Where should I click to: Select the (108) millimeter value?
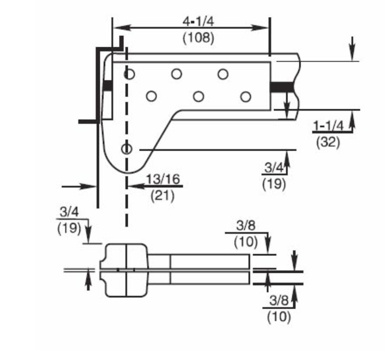[x=198, y=37]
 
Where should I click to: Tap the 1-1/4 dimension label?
[x=328, y=126]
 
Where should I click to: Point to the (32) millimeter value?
[x=328, y=143]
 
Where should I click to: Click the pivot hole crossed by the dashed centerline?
[x=127, y=149]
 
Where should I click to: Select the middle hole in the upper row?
[x=176, y=74]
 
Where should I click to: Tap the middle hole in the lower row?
[x=198, y=97]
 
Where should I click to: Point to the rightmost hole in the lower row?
[x=245, y=97]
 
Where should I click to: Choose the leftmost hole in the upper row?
[x=129, y=74]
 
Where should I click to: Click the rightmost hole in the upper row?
[x=222, y=74]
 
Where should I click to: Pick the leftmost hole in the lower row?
[x=151, y=97]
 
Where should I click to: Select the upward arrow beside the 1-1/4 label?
[x=353, y=121]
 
